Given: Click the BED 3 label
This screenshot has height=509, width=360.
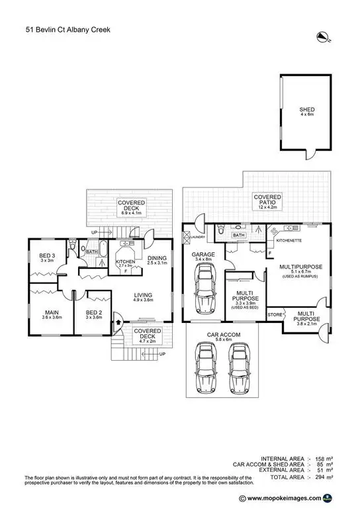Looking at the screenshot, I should pos(46,256).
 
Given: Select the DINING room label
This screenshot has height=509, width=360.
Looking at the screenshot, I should pos(157,258).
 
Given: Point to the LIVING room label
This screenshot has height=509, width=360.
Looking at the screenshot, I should pos(143,295).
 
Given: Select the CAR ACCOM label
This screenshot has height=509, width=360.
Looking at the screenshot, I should pos(221,335).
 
